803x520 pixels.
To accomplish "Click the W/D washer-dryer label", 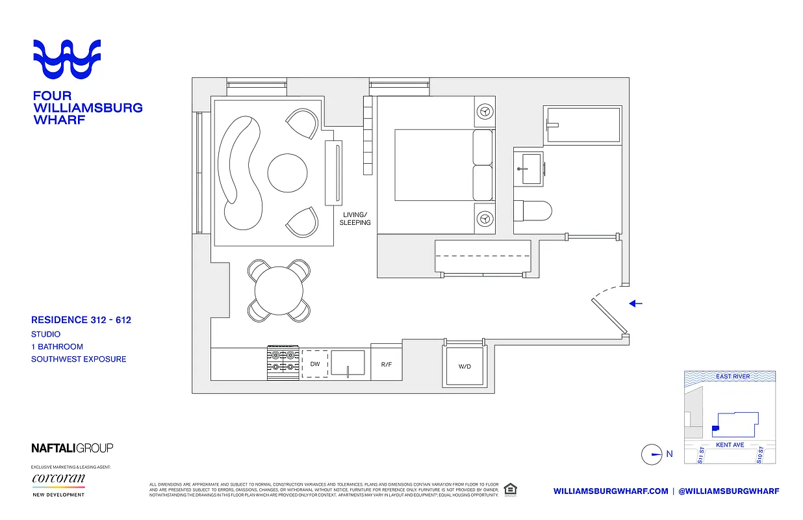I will (x=465, y=367).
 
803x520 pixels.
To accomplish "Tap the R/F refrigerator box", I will (x=386, y=365).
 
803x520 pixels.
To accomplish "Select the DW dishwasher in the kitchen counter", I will (x=315, y=364).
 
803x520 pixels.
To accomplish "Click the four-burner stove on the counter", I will (x=283, y=362).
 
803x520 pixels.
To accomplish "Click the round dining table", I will (x=280, y=291).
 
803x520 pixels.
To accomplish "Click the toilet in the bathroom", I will (x=533, y=211).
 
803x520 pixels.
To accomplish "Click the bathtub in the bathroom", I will (x=583, y=125).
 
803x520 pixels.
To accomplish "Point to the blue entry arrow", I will (x=636, y=303).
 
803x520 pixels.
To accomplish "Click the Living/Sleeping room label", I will (x=355, y=218).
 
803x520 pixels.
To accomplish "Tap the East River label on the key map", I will (x=733, y=376).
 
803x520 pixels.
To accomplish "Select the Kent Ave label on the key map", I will (x=730, y=445).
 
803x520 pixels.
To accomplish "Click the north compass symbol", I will (x=652, y=454).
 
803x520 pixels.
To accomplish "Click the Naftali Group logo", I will (x=72, y=448).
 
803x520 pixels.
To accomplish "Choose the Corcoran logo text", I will (x=58, y=480).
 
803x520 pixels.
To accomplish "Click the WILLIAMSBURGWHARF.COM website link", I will (x=611, y=491).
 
